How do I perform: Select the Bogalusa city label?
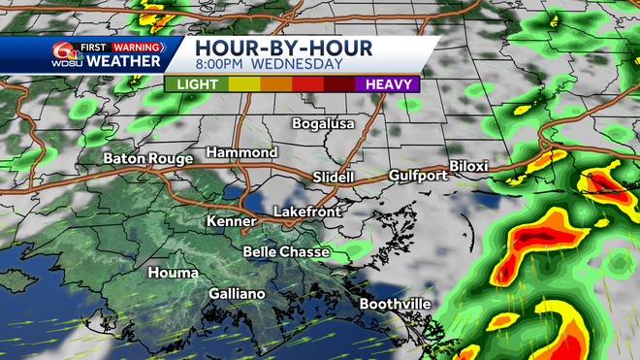[324, 124]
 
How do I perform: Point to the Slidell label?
[336, 178]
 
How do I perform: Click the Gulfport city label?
[418, 176]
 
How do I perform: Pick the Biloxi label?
[468, 166]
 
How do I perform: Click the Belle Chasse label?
[285, 252]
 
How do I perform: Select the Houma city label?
[171, 273]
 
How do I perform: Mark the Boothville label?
[395, 304]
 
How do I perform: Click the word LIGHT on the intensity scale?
[197, 84]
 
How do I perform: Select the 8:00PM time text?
[220, 65]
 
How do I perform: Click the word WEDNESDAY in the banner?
[297, 65]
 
